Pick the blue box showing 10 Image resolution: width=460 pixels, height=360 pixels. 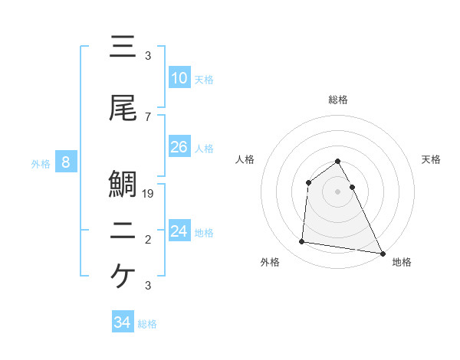(179, 78)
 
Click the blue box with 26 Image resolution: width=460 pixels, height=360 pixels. (179, 147)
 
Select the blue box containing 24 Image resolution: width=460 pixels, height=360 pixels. (179, 231)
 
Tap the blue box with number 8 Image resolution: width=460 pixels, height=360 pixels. (67, 162)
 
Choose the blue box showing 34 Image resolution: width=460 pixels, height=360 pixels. (123, 322)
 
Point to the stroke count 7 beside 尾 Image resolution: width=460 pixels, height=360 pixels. (148, 116)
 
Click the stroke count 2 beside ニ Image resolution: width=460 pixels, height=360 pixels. (148, 240)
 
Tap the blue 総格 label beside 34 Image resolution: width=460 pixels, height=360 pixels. (147, 324)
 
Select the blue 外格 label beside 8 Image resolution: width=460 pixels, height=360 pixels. (41, 163)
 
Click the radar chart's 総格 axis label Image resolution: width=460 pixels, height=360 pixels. (338, 100)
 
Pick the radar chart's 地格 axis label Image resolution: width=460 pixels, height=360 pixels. (402, 262)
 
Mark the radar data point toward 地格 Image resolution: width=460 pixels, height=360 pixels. (382, 253)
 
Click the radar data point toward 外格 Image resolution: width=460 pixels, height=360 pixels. (302, 242)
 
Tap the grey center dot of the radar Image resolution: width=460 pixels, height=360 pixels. (338, 191)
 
